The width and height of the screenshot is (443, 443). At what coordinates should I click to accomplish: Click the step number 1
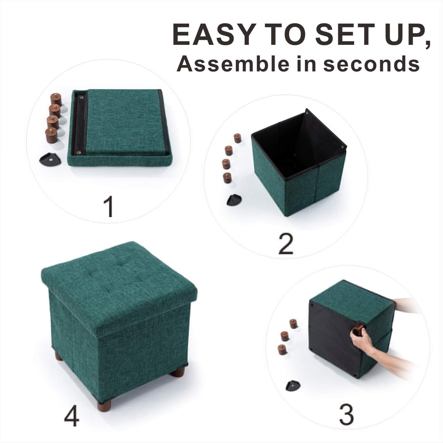(108, 207)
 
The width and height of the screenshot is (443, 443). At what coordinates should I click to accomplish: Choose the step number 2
(285, 244)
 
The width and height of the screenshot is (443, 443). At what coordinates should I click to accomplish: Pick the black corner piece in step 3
(293, 385)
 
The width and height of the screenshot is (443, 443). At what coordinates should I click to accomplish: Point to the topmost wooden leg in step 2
(238, 138)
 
